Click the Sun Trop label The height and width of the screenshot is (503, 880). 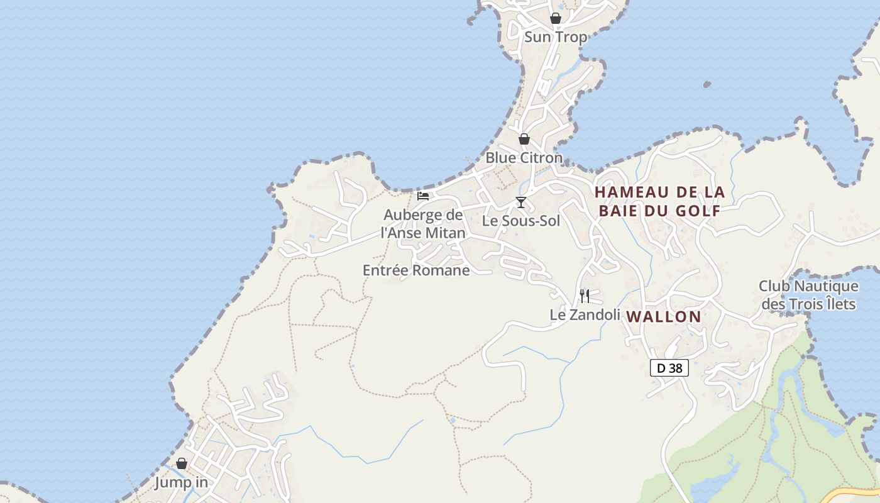coord(556,37)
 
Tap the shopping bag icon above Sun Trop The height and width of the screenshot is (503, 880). coord(556,18)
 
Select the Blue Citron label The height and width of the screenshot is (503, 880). coord(524,158)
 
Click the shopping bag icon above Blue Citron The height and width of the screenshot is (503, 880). coord(524,139)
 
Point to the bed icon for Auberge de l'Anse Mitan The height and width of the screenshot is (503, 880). coord(423,196)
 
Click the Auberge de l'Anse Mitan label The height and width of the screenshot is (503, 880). coord(424,224)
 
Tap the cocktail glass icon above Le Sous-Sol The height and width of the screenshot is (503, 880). coord(521,202)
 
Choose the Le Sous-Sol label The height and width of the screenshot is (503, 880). coord(520,221)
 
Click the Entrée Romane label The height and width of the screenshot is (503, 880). coord(416,270)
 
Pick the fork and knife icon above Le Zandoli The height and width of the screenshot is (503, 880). coord(585,296)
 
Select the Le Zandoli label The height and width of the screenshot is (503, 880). coord(585,314)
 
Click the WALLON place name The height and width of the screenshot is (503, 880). coord(664,317)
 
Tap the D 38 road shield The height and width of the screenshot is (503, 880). coord(669,368)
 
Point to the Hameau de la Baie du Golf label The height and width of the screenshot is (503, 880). coord(659,201)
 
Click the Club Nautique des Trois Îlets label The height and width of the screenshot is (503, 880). coord(808,295)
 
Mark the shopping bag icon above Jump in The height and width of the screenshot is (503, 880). coord(182,463)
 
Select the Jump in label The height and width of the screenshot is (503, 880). coord(181,483)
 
